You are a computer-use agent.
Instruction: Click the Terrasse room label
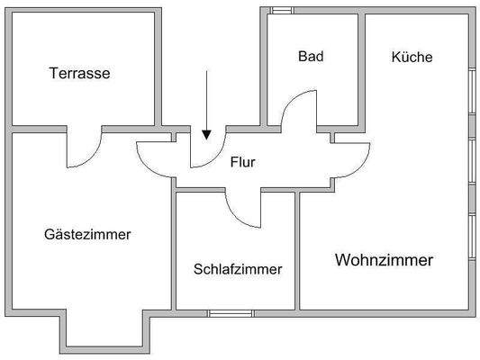(79, 74)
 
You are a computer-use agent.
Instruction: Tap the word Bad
(311, 56)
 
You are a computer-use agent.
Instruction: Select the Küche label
(412, 57)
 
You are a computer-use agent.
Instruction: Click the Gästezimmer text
(87, 234)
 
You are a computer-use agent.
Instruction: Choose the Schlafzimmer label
(238, 269)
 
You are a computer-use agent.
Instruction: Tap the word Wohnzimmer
(385, 261)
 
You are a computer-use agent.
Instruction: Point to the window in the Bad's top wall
(281, 10)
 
